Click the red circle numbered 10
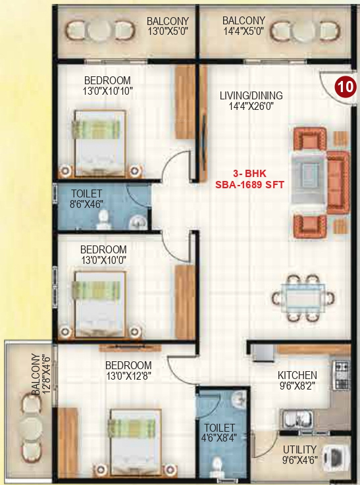tap(344, 86)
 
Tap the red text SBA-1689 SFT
tap(250, 185)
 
